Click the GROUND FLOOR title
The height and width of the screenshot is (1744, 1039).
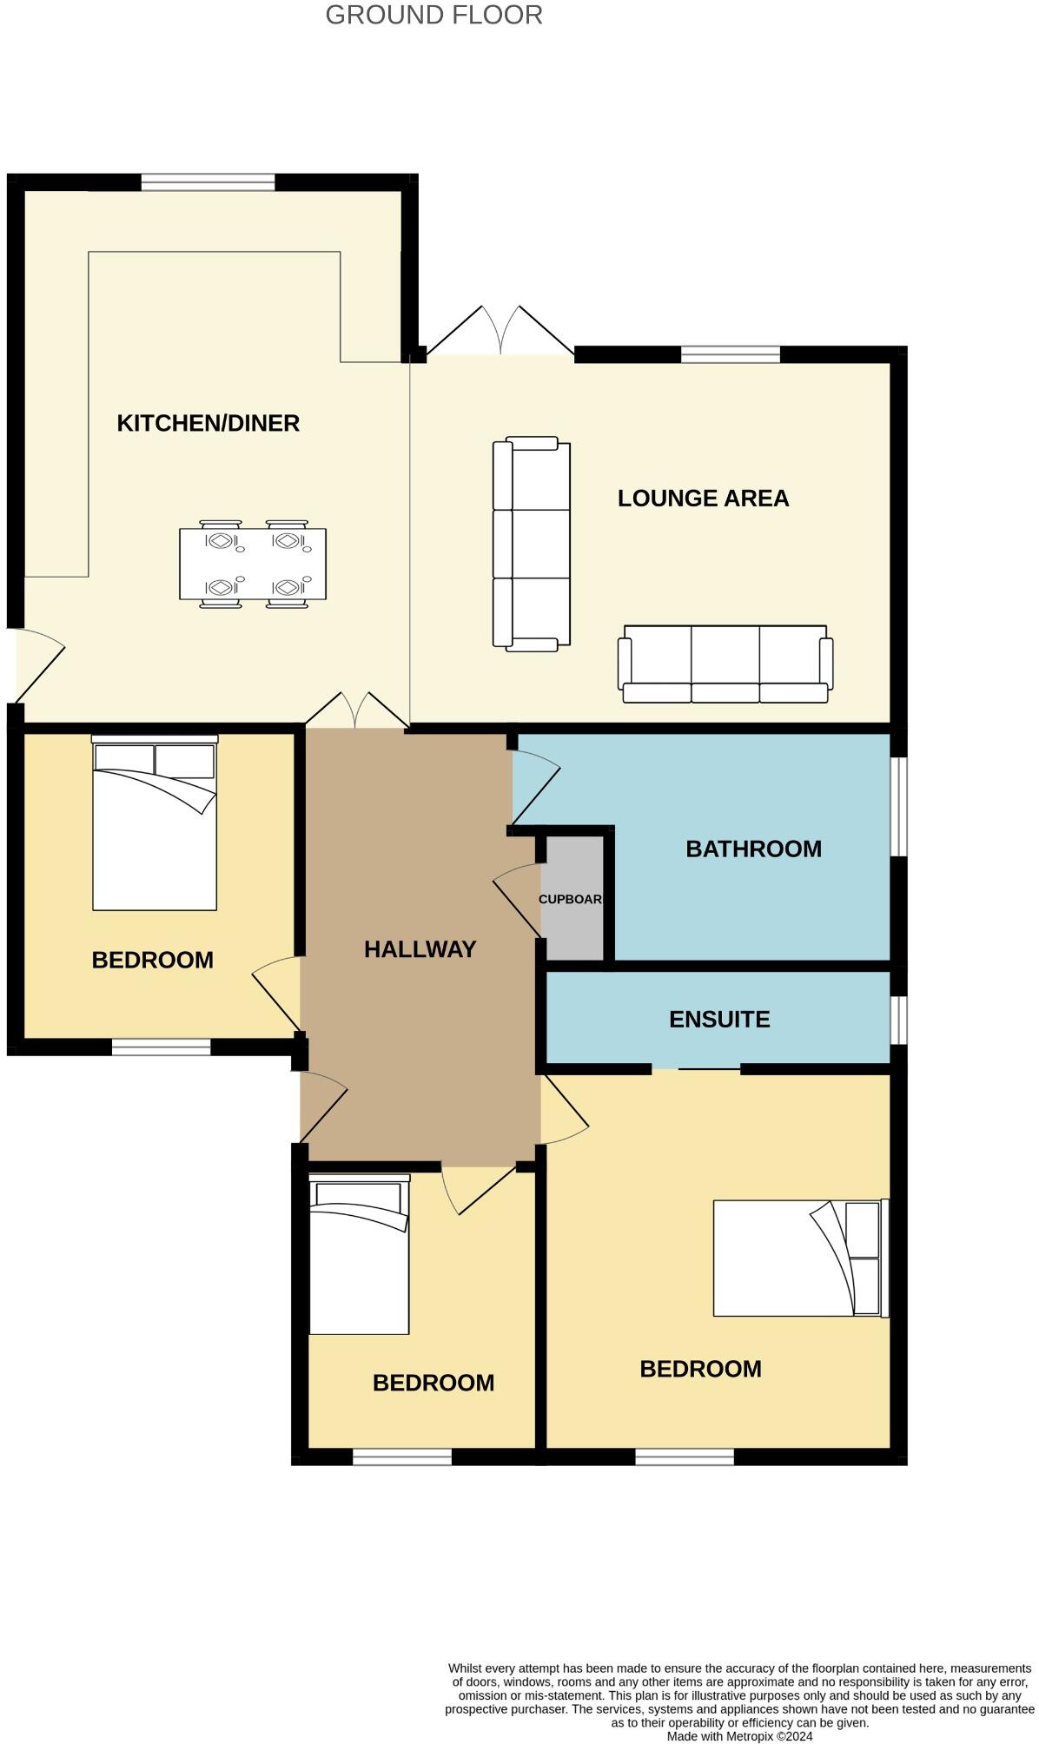point(433,15)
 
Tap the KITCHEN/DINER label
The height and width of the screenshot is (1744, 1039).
point(208,423)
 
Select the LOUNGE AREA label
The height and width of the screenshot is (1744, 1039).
point(703,499)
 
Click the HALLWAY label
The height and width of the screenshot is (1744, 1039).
point(420,949)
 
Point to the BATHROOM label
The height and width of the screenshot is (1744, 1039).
point(753,849)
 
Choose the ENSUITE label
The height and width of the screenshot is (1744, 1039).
point(719,1019)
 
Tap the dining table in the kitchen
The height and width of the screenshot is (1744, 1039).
point(253,564)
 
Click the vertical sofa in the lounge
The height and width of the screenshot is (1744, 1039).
point(531,544)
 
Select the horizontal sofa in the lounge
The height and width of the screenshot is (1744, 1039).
point(725,664)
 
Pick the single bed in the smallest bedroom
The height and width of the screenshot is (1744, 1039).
point(359,1254)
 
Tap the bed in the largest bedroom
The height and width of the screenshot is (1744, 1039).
point(799,1258)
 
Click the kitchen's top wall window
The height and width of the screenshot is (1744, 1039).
point(208,182)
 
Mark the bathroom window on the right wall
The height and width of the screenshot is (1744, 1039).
point(900,807)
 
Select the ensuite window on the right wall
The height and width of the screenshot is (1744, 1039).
point(900,1020)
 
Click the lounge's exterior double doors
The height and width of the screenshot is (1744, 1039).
point(500,334)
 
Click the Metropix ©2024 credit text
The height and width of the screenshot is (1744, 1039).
point(739,1736)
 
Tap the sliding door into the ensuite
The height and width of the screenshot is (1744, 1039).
point(696,1068)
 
